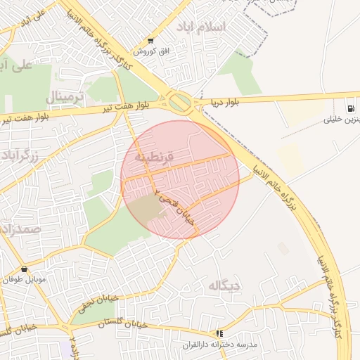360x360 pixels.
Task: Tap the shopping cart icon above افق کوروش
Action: point(150,40)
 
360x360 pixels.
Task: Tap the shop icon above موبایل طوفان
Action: point(25,269)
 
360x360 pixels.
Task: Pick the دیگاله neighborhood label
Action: point(224,285)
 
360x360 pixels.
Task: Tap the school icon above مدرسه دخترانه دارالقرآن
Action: point(220,333)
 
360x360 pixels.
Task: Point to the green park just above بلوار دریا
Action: point(239,74)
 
